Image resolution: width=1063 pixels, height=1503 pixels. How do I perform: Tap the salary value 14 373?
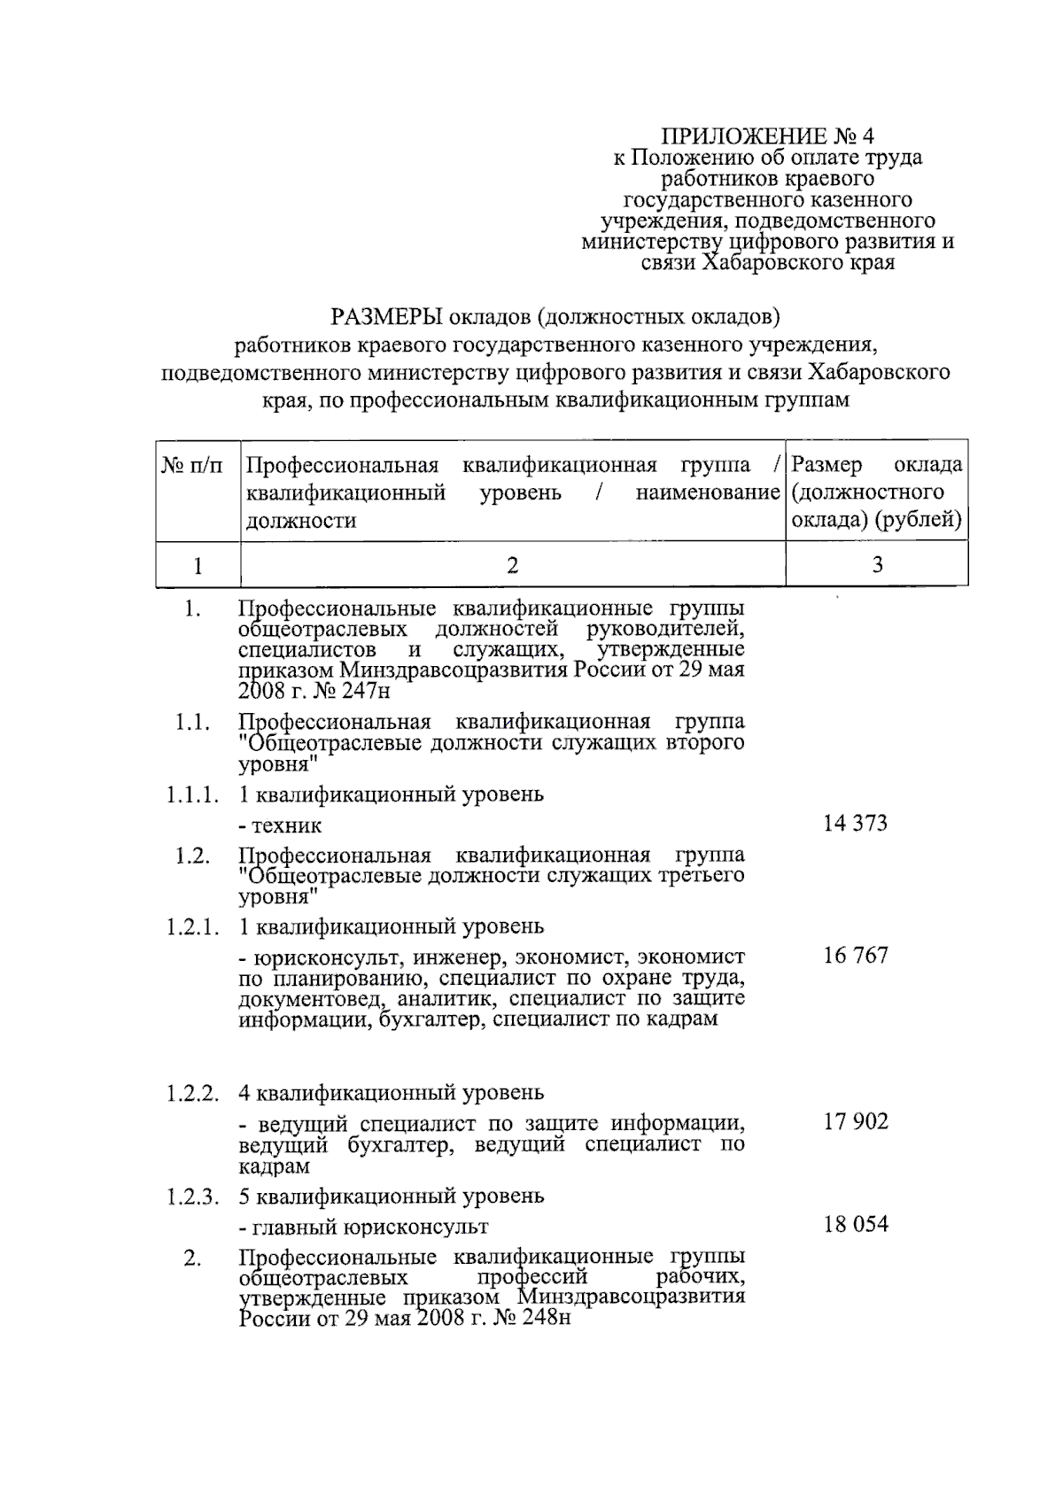855,824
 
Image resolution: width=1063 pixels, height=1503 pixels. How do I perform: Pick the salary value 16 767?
855,956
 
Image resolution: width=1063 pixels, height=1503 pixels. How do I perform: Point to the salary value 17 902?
855,1121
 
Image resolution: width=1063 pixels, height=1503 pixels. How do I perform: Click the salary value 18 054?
855,1225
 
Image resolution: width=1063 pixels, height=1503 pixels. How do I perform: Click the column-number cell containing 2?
512,565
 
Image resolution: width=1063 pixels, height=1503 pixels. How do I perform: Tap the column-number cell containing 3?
877,565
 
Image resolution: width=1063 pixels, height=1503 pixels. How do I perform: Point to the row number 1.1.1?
191,794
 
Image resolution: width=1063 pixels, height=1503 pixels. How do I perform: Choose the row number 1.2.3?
191,1197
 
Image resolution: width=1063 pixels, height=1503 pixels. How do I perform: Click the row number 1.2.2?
191,1093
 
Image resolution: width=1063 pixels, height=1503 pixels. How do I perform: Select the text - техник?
280,826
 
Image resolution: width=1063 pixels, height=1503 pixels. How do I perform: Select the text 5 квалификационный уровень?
391,1197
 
